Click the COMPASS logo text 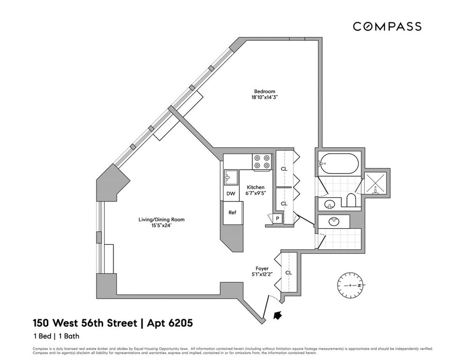pyautogui.click(x=387, y=26)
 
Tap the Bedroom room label pyautogui.click(x=262, y=92)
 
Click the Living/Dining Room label pyautogui.click(x=162, y=219)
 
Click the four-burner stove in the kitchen pyautogui.click(x=261, y=162)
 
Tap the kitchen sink pyautogui.click(x=231, y=177)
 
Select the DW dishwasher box pyautogui.click(x=231, y=194)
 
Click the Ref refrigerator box pyautogui.click(x=232, y=212)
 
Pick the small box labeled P pyautogui.click(x=278, y=219)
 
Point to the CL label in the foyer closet pyautogui.click(x=289, y=273)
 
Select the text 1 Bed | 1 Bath pyautogui.click(x=56, y=336)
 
